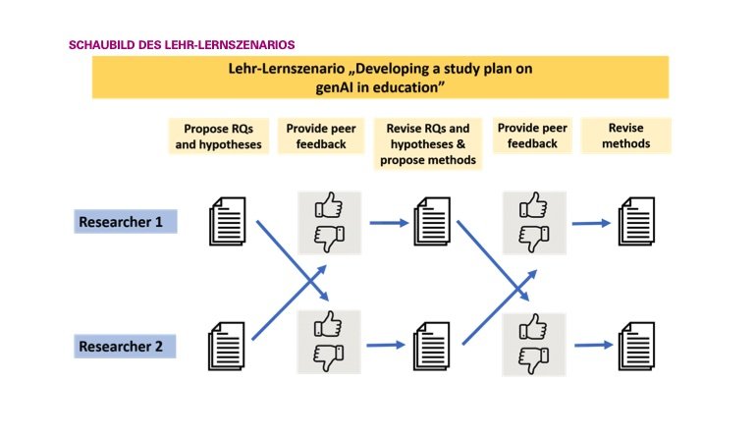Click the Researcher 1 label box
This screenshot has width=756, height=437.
click(x=126, y=221)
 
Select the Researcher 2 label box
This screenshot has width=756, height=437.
click(x=125, y=346)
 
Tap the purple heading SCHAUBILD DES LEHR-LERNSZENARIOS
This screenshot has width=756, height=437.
click(x=182, y=45)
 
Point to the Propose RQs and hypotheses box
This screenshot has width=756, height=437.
click(x=218, y=137)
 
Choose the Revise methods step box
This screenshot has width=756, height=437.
click(x=625, y=136)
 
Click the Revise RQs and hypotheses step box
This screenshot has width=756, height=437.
click(x=428, y=143)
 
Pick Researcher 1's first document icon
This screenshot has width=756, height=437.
click(x=228, y=221)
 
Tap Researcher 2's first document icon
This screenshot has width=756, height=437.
click(x=227, y=346)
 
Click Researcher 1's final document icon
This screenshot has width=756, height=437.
click(x=637, y=221)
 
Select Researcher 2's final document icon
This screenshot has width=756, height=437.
click(x=637, y=346)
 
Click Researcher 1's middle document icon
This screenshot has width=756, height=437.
click(x=432, y=221)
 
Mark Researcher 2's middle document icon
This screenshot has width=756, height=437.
click(x=432, y=346)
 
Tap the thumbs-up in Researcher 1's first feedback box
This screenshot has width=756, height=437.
click(x=329, y=205)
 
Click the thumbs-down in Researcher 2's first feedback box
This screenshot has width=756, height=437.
click(x=328, y=357)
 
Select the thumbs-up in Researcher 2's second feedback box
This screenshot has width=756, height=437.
click(x=533, y=327)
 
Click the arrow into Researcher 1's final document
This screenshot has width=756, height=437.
click(x=592, y=223)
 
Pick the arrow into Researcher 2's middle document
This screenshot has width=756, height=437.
click(x=386, y=345)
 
